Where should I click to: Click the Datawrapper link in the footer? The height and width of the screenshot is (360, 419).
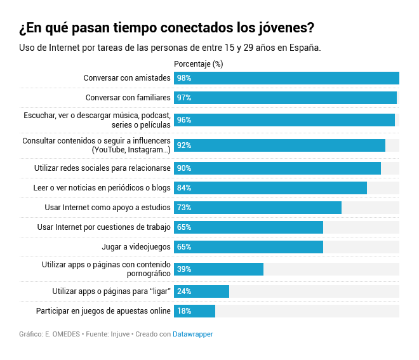point(192,334)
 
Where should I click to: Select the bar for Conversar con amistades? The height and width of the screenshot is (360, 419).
point(286,78)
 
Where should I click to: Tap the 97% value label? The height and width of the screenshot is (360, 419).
point(184,98)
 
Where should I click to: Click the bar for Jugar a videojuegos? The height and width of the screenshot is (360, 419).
point(248,247)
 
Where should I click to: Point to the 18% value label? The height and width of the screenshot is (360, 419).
point(184,311)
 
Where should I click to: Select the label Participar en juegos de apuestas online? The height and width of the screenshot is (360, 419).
point(103,311)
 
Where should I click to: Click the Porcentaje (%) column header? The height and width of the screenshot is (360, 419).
point(198,64)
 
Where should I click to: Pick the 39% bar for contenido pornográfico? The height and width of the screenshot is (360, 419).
point(218,269)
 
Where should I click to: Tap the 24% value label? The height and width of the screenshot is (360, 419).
point(184,291)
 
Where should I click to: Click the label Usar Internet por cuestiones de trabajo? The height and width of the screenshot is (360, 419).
point(104,227)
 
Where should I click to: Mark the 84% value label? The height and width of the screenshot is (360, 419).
point(184,188)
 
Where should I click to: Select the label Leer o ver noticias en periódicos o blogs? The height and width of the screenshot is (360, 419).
point(102,188)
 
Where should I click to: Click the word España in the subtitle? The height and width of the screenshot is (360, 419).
point(303,48)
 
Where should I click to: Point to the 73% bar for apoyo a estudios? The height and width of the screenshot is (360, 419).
point(257,208)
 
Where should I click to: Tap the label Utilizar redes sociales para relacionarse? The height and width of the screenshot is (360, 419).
point(102,168)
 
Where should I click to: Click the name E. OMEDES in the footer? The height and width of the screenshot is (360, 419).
point(63,334)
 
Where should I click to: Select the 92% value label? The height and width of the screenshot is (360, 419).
point(184,145)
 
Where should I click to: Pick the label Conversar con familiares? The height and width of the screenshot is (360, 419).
point(128,98)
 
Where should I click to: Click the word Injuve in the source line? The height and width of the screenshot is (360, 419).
point(121,334)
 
